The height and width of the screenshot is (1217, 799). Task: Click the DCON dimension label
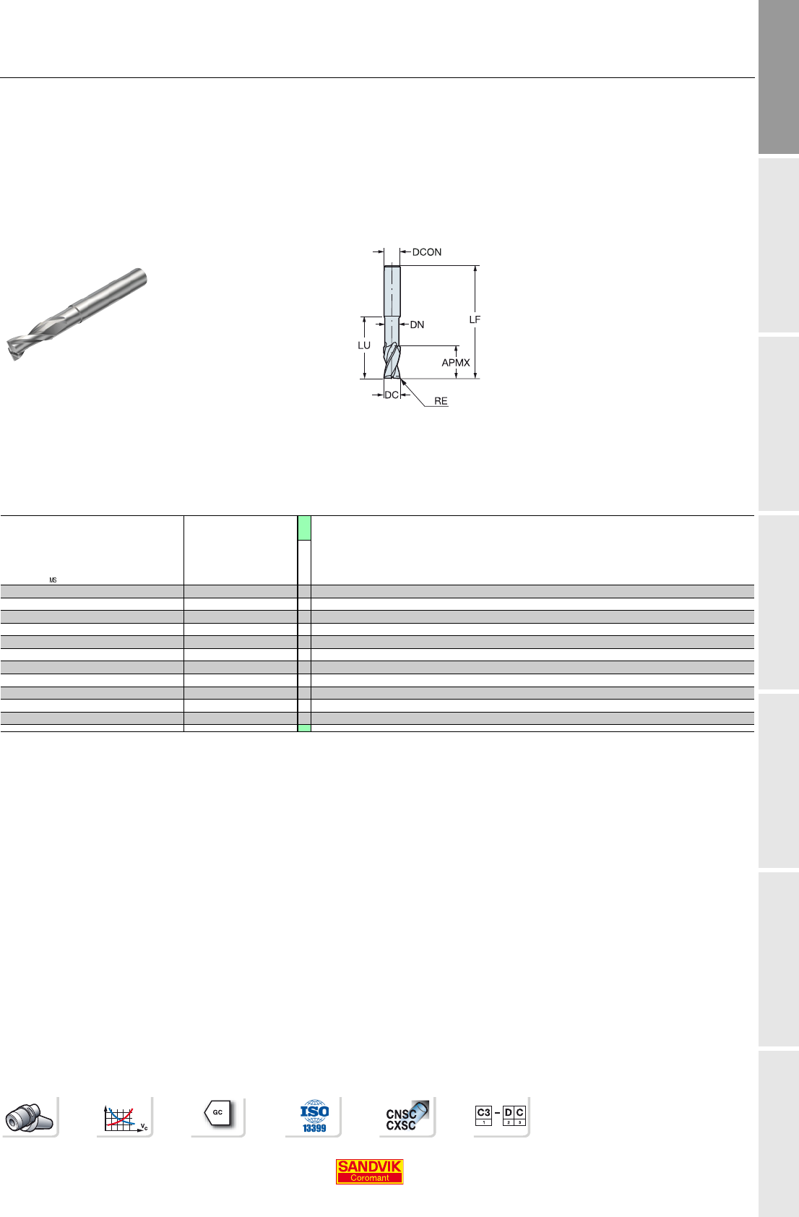427,252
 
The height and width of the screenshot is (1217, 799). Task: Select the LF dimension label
475,319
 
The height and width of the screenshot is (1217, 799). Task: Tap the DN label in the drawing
417,325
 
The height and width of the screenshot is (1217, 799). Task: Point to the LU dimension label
364,345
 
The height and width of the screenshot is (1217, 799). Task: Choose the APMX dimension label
456,362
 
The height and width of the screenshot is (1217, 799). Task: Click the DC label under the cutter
392,395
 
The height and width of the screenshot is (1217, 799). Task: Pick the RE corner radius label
441,401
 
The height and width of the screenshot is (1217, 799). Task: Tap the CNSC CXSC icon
407,1116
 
